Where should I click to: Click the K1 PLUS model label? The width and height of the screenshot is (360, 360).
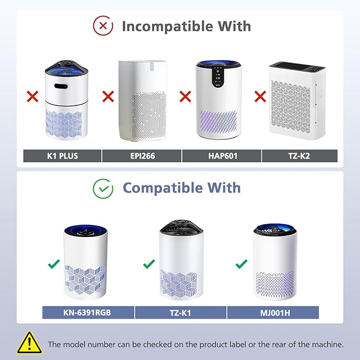(62, 156)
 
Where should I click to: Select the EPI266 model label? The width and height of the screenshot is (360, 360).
(142, 156)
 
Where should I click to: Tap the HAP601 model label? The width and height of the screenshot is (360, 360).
(222, 156)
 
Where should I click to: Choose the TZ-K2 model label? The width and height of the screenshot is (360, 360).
(300, 156)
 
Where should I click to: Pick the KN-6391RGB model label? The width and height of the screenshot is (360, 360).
(88, 313)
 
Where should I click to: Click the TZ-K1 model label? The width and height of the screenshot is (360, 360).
(180, 313)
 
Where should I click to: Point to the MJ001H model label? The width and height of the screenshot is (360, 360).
(273, 313)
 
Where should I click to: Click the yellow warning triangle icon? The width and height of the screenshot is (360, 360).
(30, 343)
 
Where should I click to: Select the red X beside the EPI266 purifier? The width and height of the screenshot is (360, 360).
(108, 96)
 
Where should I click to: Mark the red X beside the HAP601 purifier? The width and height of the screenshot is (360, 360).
(185, 96)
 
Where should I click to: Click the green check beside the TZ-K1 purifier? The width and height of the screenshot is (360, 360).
(149, 264)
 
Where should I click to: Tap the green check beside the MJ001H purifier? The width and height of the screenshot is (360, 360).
(241, 264)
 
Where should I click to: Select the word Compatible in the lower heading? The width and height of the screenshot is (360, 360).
(163, 188)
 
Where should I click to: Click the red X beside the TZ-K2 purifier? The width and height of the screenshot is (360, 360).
(260, 96)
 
